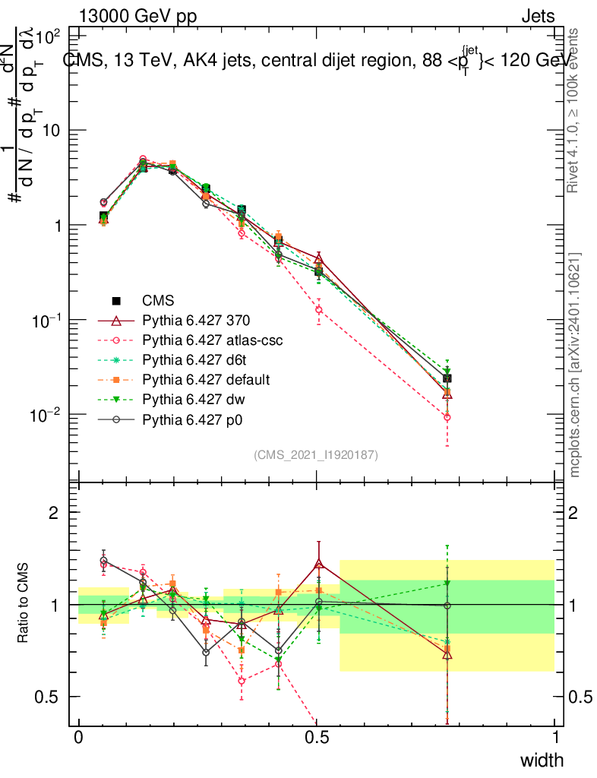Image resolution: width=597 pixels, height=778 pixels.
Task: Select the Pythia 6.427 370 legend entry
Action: (197, 321)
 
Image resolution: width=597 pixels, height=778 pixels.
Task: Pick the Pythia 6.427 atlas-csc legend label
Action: (212, 341)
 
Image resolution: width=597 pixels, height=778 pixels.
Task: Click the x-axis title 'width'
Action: (542, 760)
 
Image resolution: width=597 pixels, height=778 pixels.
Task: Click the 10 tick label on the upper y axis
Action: (51, 131)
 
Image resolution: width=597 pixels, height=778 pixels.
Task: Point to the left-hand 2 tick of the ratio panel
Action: (54, 513)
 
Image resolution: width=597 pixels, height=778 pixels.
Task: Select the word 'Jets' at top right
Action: (537, 16)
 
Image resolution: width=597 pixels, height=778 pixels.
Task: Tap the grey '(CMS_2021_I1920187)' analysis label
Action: (315, 454)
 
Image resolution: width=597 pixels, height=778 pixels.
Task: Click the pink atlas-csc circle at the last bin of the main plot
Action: (447, 417)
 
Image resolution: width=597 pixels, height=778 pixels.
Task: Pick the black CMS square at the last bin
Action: (447, 378)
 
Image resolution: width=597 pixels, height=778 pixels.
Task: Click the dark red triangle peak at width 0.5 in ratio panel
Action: (319, 565)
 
